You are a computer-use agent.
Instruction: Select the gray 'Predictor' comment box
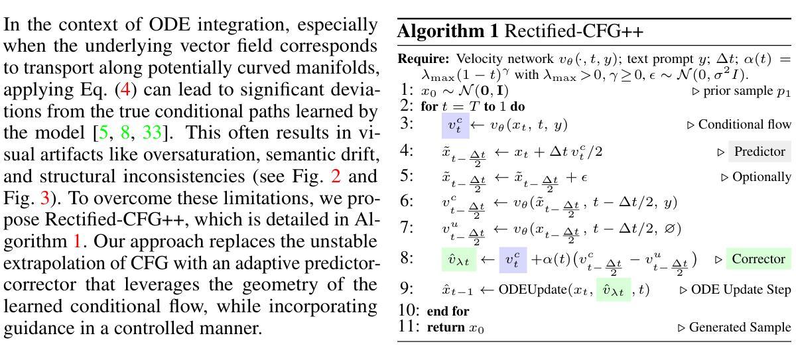click(x=760, y=151)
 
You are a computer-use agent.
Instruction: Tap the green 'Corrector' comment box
click(x=758, y=259)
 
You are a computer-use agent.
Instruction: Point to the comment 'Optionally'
click(x=762, y=177)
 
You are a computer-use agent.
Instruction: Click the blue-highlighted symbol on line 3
click(x=455, y=125)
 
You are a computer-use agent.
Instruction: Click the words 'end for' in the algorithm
click(x=448, y=310)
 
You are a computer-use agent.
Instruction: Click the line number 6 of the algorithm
click(x=407, y=202)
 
